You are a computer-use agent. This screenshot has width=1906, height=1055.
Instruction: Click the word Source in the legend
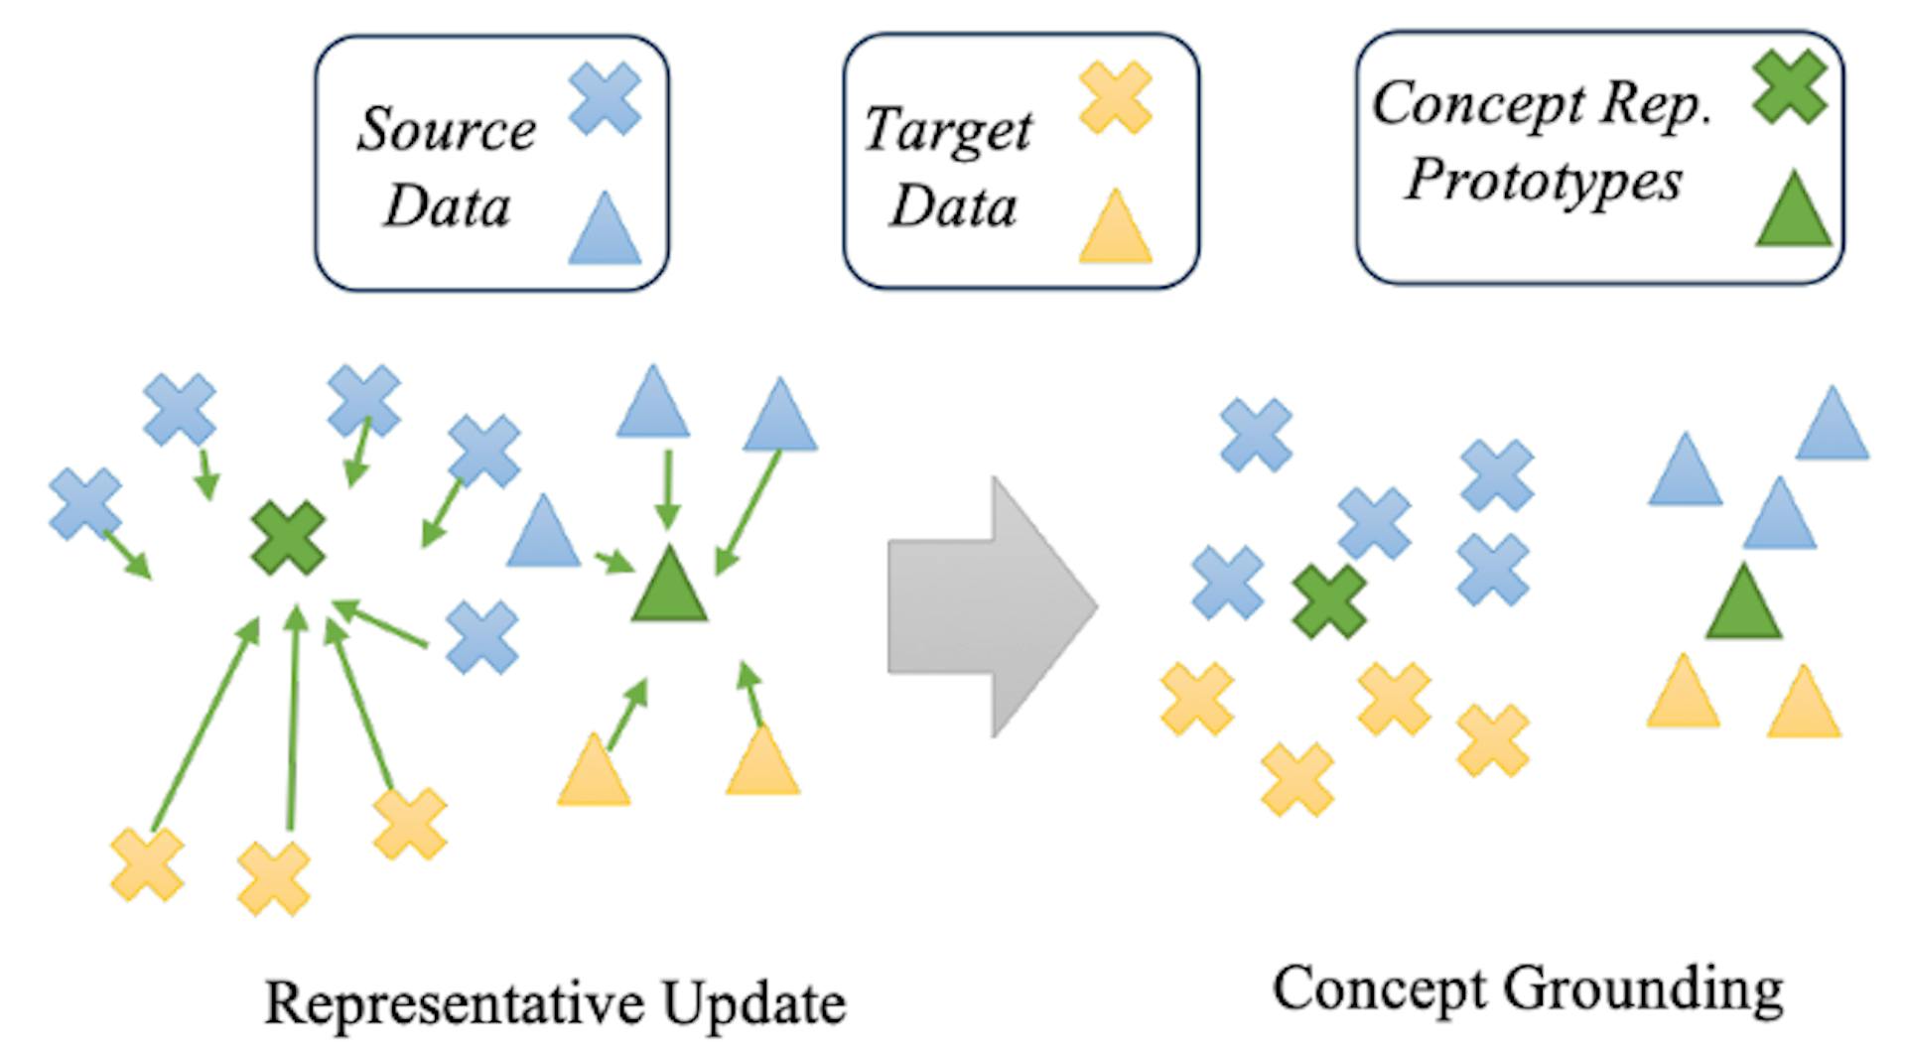coord(447,130)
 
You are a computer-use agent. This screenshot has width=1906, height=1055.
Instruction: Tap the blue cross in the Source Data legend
coord(605,98)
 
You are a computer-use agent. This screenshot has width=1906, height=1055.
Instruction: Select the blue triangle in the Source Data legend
coord(605,231)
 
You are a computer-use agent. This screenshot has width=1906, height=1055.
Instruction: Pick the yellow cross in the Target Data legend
coord(1116,97)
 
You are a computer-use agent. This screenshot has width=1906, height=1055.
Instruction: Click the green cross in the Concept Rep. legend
coord(1790,88)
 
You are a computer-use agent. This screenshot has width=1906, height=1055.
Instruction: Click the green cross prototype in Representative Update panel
coord(289,538)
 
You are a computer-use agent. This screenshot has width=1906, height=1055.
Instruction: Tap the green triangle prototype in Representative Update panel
coord(670,589)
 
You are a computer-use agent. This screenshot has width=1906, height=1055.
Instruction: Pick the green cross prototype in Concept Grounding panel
coord(1330,601)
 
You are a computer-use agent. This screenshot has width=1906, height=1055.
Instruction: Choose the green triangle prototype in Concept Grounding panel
coord(1743,604)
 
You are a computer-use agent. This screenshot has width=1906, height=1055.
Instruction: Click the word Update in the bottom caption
coord(754,1004)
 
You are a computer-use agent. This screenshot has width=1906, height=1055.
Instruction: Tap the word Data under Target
coord(953,206)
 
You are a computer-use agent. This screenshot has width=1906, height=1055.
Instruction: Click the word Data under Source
coord(447,206)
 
